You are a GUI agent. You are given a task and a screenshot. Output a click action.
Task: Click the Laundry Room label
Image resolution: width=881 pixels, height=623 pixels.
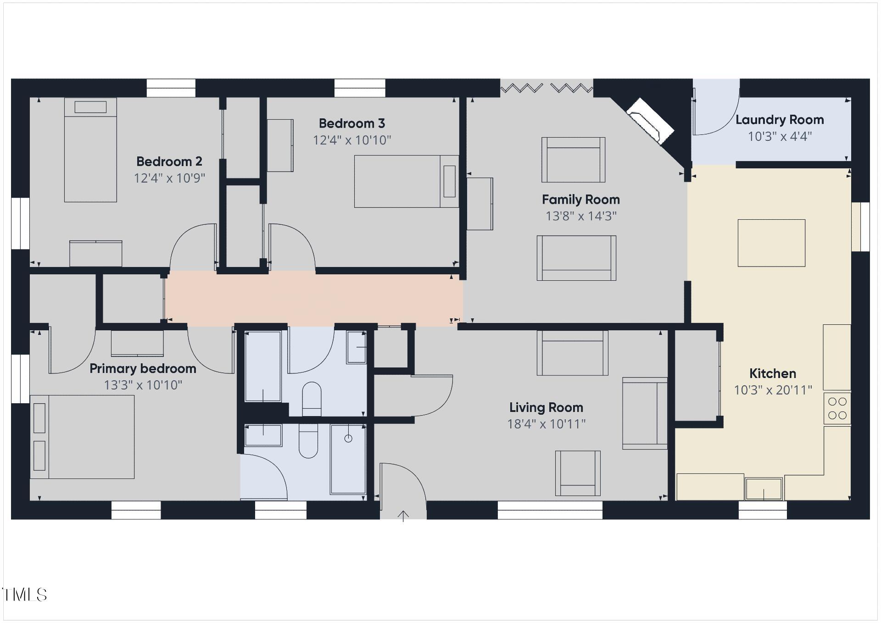pos(780,120)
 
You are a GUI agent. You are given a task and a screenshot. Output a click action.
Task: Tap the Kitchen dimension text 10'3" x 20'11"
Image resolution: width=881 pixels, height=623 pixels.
pos(773,390)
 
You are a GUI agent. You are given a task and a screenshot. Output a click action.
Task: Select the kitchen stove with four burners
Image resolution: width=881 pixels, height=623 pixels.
pos(837,408)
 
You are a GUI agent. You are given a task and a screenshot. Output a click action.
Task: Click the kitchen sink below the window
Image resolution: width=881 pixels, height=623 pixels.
pos(764,489)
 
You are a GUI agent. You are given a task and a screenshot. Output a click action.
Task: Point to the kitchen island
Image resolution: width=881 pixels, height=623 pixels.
pos(771,243)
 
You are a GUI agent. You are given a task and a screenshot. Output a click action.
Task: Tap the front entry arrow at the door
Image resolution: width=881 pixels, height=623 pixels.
pos(403,516)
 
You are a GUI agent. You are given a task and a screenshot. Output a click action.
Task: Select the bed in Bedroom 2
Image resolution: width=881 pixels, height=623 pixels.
pos(90,150)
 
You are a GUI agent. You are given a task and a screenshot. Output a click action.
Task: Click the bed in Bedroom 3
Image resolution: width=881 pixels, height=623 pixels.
pos(406,181)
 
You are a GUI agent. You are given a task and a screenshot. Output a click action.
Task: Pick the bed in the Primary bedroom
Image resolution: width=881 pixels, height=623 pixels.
pos(82,437)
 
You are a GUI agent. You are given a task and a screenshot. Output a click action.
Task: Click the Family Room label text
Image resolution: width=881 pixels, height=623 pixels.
pos(581,200)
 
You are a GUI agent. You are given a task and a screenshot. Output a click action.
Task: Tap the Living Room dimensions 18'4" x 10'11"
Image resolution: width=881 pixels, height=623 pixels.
pos(546,424)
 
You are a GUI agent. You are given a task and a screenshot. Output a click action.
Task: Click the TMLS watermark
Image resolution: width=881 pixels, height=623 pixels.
pos(25,595)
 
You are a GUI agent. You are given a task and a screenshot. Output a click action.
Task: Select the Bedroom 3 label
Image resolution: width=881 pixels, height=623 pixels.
pos(352,123)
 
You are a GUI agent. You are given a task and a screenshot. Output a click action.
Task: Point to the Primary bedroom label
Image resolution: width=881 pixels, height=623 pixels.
pos(143,368)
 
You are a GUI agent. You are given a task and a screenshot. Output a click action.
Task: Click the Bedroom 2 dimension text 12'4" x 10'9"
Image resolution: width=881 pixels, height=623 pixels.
pos(169,178)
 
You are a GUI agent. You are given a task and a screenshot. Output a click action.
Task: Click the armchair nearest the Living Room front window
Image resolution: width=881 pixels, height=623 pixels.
pos(578,473)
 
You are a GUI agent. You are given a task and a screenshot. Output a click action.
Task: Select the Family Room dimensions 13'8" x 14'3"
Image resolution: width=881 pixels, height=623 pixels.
pos(581,216)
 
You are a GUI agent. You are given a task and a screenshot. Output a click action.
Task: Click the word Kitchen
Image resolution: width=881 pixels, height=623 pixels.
pos(773,373)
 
